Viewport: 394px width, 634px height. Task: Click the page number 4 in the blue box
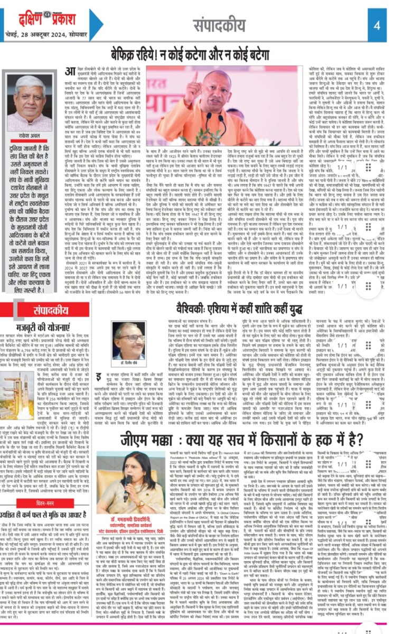pyautogui.click(x=377, y=25)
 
